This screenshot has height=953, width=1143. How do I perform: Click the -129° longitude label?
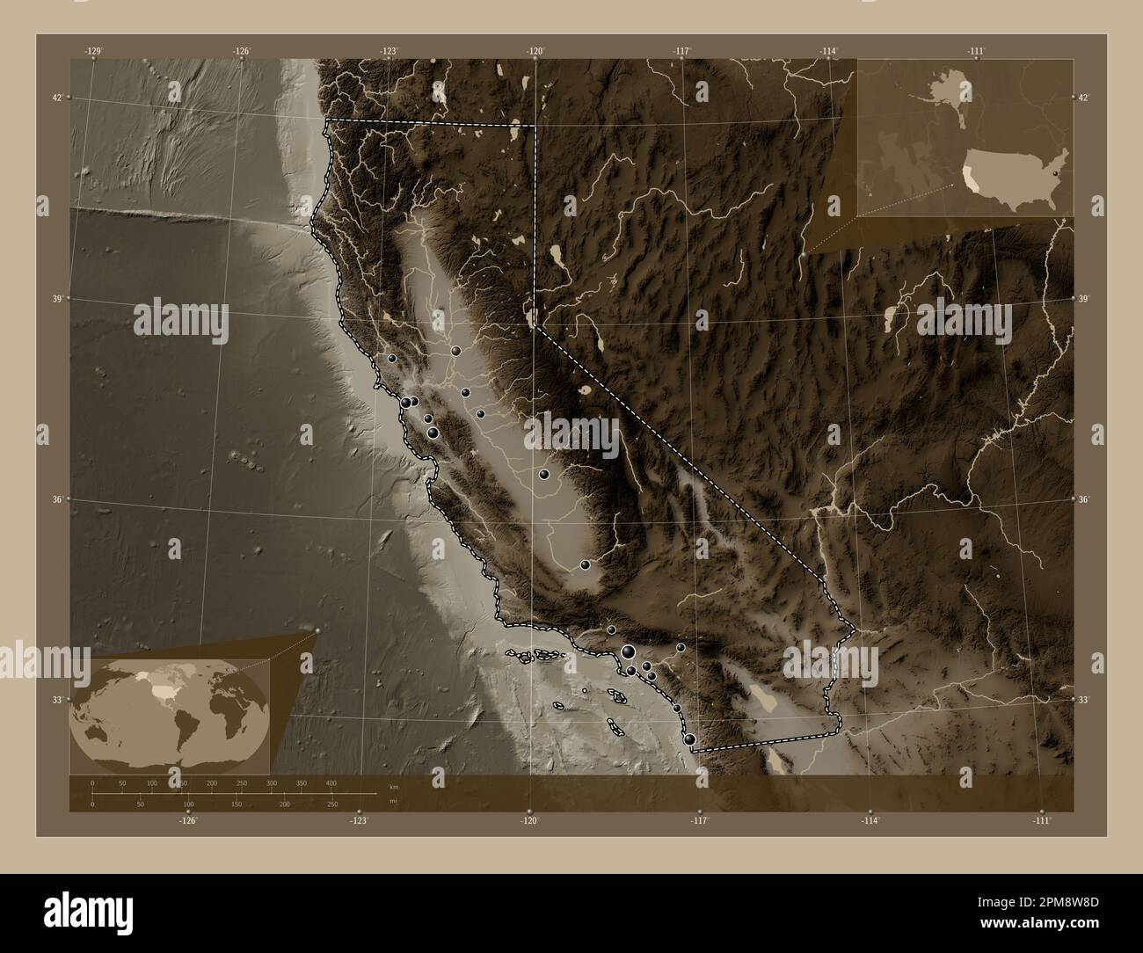click(x=93, y=52)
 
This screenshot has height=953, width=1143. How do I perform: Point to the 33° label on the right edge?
click(x=1085, y=700)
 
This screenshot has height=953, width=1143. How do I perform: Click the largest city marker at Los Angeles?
click(x=628, y=651)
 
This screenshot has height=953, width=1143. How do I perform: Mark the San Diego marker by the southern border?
click(x=690, y=739)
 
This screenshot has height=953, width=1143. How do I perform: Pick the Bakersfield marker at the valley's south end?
click(x=585, y=564)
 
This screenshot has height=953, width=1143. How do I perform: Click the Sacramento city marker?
click(x=455, y=351)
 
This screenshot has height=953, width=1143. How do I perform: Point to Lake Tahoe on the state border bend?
click(x=530, y=315)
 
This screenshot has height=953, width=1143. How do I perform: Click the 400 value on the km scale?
click(x=331, y=782)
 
